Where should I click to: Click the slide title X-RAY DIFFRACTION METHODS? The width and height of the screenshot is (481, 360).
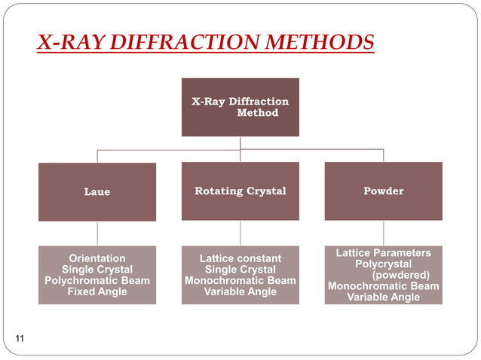(205, 41)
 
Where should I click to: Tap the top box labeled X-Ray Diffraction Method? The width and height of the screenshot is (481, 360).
(240, 107)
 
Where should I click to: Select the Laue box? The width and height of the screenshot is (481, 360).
(97, 192)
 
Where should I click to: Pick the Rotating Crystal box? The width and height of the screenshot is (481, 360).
(240, 191)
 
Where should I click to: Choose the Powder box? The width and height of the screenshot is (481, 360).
(383, 191)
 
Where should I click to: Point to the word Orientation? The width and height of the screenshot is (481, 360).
(97, 258)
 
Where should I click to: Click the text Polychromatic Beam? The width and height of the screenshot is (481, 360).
(97, 280)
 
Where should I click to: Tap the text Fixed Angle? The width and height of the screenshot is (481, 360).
(97, 291)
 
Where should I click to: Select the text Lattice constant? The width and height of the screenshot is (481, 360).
(240, 259)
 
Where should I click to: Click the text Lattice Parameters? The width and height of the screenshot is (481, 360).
(383, 253)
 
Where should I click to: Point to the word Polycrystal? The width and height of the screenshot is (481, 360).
(383, 264)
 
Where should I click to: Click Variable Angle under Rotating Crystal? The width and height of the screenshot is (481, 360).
(240, 292)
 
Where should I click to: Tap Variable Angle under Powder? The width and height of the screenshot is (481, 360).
(383, 297)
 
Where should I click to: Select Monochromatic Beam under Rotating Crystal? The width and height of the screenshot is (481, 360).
(240, 281)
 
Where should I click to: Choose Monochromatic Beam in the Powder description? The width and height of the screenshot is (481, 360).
(383, 286)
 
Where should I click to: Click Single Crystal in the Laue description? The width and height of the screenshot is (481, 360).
(97, 270)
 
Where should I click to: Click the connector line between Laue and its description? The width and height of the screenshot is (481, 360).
(97, 233)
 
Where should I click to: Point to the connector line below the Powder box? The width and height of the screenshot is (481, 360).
(383, 233)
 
